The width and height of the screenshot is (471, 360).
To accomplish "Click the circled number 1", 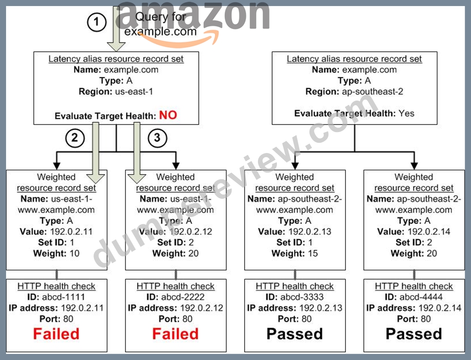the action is (96, 22).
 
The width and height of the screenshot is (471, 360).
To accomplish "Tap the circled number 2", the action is (75, 138).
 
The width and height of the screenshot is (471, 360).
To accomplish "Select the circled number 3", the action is (157, 138).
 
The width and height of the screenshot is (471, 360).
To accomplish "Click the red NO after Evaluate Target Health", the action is (168, 115).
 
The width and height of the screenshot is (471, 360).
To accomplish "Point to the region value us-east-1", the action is (134, 91).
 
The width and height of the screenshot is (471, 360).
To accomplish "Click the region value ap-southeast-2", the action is (372, 92).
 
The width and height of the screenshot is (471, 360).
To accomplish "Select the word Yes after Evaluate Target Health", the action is (407, 114).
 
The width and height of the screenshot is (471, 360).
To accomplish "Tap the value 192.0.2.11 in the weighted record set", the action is (71, 232).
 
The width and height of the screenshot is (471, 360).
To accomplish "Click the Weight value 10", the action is (75, 253).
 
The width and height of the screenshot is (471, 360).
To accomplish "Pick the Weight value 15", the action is (313, 253).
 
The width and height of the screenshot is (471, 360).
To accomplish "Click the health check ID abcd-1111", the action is (63, 297).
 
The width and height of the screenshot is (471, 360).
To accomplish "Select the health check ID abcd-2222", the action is (182, 297).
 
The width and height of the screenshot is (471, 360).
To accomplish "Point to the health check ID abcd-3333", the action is (302, 297).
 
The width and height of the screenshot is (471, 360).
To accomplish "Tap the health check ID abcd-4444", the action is (421, 297).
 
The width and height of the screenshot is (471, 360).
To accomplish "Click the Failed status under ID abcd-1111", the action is (56, 334).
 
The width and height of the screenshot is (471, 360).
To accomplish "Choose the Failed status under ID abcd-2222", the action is (176, 334).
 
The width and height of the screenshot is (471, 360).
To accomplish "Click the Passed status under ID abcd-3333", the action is (295, 334).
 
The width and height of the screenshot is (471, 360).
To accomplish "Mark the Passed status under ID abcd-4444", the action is (414, 334).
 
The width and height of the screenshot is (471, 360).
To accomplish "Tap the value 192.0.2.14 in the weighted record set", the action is (429, 232).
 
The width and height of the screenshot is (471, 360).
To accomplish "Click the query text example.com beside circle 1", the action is (160, 31).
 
